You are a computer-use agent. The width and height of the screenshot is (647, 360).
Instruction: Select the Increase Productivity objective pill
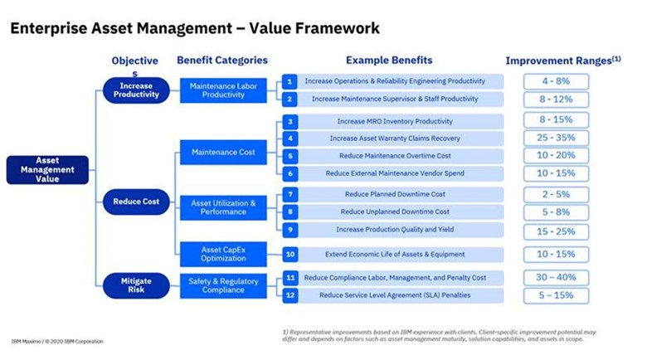point(136,90)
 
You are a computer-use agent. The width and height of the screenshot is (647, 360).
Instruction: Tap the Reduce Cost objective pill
point(136,201)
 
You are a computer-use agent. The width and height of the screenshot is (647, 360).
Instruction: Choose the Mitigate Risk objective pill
point(136,286)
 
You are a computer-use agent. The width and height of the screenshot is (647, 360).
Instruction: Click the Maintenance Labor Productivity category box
point(223,90)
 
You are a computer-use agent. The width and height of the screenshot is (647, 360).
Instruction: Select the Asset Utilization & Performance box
point(223,207)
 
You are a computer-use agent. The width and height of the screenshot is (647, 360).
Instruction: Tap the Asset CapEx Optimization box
point(223,254)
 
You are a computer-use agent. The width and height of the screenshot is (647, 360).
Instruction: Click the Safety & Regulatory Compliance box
point(223,285)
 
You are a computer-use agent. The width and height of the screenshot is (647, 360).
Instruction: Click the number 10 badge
point(289,255)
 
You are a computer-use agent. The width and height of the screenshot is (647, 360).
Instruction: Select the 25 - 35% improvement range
point(556,138)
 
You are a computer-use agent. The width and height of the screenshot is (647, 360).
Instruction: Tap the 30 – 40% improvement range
point(556,278)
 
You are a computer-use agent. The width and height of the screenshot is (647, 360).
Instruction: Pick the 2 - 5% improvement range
point(556,194)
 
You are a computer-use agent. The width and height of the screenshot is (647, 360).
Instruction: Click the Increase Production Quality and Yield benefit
point(394,230)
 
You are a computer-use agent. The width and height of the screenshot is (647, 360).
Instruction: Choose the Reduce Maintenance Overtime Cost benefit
point(394,155)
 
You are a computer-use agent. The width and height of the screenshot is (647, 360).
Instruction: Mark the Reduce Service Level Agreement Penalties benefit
point(394,294)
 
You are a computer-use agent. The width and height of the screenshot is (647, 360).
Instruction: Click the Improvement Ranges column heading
point(561,61)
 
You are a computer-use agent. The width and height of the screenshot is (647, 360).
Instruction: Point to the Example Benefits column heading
point(389,60)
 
